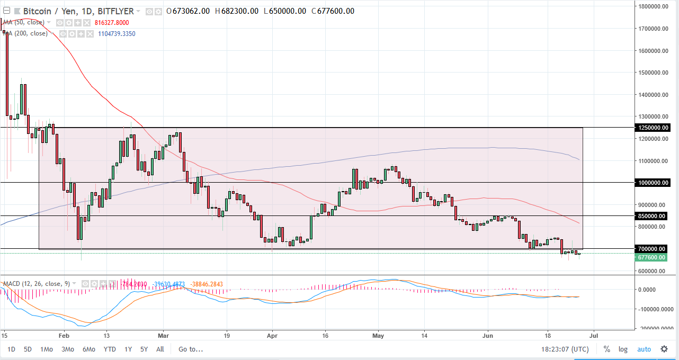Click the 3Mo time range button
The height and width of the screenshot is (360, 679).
click(67, 349)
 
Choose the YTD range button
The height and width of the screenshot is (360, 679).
click(110, 349)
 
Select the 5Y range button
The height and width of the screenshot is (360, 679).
click(144, 349)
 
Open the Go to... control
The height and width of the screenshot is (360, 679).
click(191, 349)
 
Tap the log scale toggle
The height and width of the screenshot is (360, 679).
click(623, 349)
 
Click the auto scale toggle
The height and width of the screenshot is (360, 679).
click(644, 349)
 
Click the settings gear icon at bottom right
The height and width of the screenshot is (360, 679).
click(664, 349)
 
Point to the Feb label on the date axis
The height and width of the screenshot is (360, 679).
click(64, 336)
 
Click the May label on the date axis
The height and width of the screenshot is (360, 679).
click(378, 336)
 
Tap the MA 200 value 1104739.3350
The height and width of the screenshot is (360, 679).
click(117, 33)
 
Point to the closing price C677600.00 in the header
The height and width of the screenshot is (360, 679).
click(333, 11)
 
